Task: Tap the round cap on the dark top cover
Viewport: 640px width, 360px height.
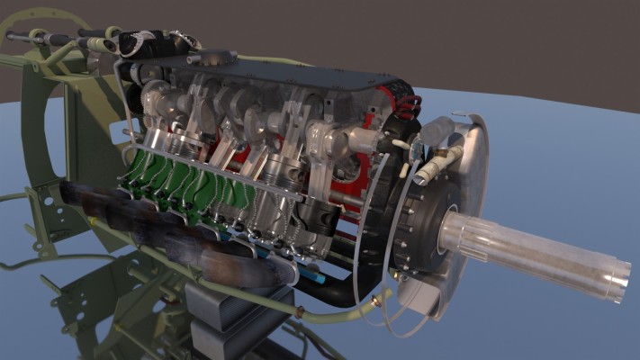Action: pyautogui.click(x=216, y=58)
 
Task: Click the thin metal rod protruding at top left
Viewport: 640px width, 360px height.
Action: pyautogui.click(x=27, y=38)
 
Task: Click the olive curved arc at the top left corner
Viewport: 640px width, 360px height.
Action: pyautogui.click(x=36, y=13)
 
